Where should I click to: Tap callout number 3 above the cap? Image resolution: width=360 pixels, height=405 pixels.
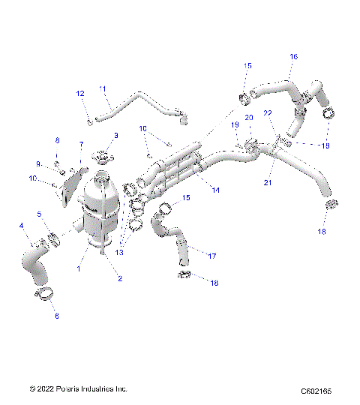(115, 135)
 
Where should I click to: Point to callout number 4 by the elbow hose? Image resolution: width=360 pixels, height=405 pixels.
(21, 226)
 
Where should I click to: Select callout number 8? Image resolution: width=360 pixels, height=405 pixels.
(56, 141)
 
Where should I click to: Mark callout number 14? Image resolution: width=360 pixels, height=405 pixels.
(216, 190)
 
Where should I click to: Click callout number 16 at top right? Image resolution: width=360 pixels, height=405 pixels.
(293, 56)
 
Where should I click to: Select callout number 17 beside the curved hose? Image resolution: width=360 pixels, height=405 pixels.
(212, 256)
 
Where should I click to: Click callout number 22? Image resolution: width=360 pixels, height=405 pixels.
(268, 112)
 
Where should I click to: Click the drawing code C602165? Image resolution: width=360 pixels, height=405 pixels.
(316, 390)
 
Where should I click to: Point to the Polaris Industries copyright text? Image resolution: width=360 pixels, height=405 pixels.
(78, 389)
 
